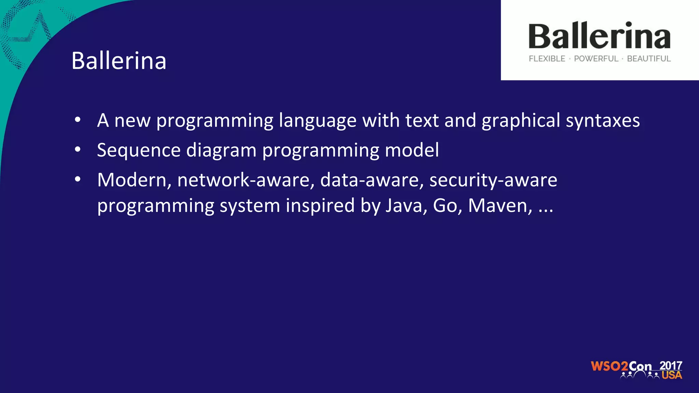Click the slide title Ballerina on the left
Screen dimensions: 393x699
(x=119, y=61)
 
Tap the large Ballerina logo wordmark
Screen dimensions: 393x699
(x=599, y=36)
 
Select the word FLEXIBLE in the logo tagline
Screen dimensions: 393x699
(x=547, y=59)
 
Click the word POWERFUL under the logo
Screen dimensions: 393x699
(x=596, y=59)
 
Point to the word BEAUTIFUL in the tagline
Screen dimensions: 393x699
(x=649, y=59)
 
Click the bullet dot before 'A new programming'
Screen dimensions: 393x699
(x=78, y=120)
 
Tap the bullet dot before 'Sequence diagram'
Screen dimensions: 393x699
(x=78, y=149)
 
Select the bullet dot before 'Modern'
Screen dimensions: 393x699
(x=78, y=179)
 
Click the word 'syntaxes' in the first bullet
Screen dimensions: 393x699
(x=603, y=121)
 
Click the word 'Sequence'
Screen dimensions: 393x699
(x=139, y=150)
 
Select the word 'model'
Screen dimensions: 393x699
(x=412, y=150)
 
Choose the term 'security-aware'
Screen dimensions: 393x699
(x=493, y=180)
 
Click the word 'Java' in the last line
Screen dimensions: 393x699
(x=406, y=205)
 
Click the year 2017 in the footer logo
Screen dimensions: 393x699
(x=671, y=366)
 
